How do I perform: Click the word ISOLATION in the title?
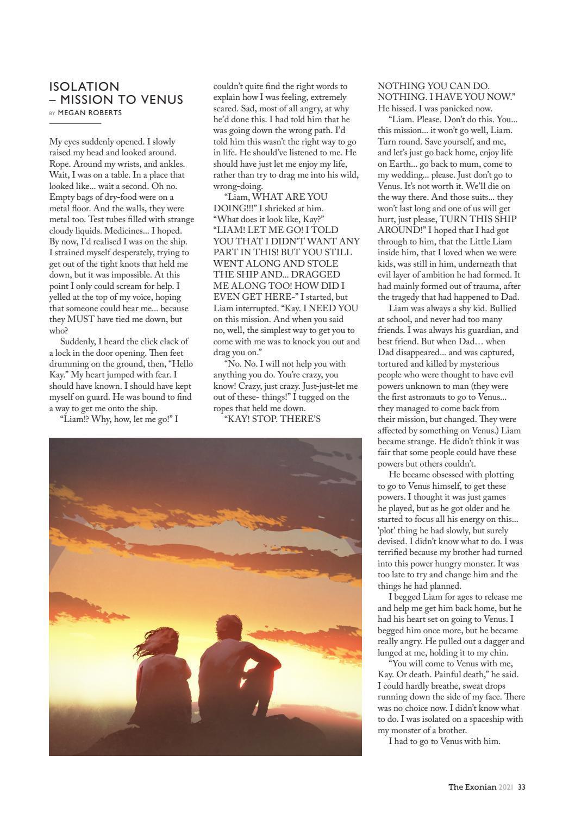click(84, 87)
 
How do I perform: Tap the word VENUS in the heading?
click(161, 100)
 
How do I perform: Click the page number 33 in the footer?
click(521, 786)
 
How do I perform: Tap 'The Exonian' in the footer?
click(472, 786)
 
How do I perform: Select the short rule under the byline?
click(75, 124)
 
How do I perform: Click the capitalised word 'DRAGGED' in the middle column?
click(316, 275)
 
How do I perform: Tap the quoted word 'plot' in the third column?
click(388, 531)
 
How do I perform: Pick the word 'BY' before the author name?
click(52, 114)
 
